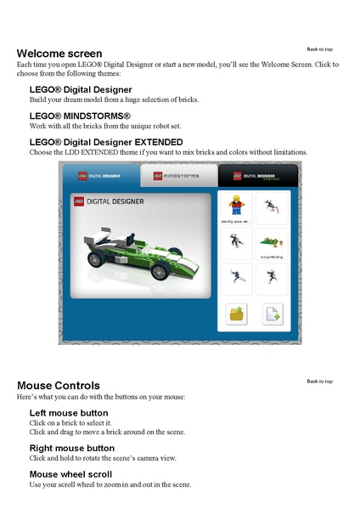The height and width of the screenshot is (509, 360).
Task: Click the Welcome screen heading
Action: (x=59, y=54)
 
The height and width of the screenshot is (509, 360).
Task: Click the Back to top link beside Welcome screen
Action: (x=319, y=49)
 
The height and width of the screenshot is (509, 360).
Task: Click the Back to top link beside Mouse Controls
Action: (x=319, y=382)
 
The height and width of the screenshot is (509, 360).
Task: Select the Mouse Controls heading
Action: (x=58, y=386)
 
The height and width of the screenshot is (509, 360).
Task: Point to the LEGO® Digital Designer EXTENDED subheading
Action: (x=106, y=142)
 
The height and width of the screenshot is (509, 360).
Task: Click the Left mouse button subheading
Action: (x=69, y=413)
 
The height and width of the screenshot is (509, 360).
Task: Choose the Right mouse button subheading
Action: (x=71, y=448)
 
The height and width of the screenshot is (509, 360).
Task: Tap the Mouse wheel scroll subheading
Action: (x=70, y=474)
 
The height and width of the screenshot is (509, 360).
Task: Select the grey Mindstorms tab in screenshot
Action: (x=180, y=177)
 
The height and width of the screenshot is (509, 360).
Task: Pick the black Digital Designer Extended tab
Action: (x=254, y=177)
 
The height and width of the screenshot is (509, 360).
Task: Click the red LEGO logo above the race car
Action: (x=81, y=201)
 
